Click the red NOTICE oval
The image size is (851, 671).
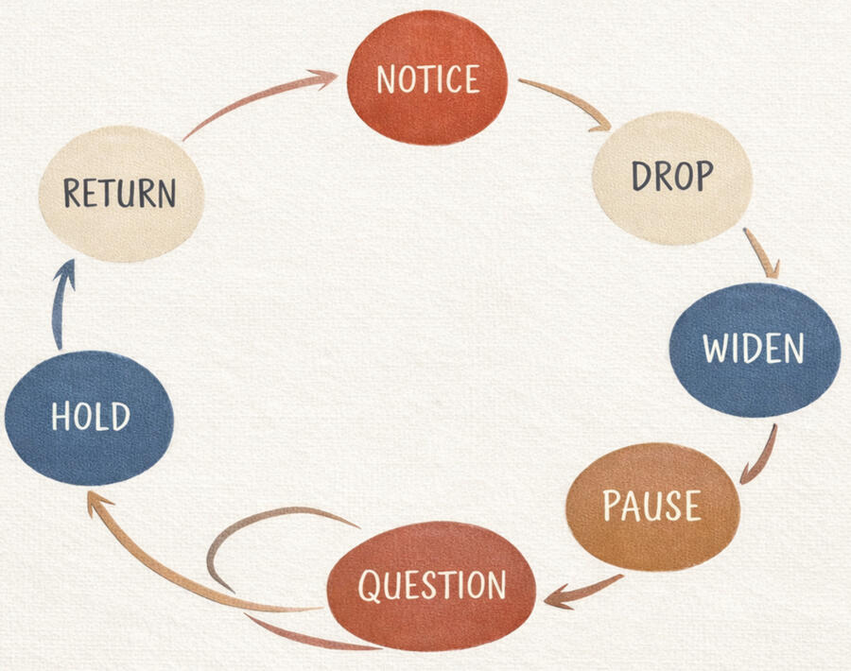click(427, 77)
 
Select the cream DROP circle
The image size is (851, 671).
click(672, 178)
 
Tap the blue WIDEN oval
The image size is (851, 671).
click(754, 349)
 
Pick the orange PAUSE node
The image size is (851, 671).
click(652, 507)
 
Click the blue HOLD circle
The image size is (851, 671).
click(90, 417)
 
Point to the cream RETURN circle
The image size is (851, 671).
click(121, 193)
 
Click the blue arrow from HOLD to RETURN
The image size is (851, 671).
click(60, 302)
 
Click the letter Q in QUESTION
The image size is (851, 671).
click(370, 587)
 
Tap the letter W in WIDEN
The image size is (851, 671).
click(715, 350)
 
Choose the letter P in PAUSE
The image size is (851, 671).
click(612, 507)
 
